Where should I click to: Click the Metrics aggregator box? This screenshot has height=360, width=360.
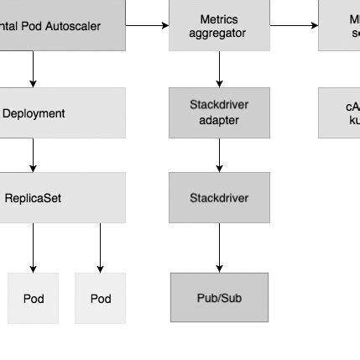[x=219, y=26]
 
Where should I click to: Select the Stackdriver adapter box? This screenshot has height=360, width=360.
[x=219, y=112]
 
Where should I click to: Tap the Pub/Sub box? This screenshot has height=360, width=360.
[x=219, y=297]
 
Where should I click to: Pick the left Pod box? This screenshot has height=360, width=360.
[x=34, y=298]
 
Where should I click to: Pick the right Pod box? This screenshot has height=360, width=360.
[x=101, y=298]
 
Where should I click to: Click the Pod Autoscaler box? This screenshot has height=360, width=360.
[x=59, y=25]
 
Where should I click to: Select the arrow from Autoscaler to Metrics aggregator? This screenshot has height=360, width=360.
[x=147, y=26]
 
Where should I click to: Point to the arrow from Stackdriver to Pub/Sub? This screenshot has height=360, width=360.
[x=219, y=248]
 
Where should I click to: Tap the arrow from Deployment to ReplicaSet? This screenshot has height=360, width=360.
[x=34, y=155]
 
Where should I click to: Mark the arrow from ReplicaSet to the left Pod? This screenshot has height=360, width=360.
[x=34, y=248]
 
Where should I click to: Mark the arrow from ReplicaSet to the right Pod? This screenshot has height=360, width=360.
[x=100, y=248]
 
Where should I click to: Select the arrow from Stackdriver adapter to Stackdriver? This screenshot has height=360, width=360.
[x=219, y=155]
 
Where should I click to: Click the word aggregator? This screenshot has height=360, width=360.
[x=219, y=34]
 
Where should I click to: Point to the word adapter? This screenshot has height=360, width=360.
[x=219, y=120]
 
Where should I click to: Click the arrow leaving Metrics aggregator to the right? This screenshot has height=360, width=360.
[x=294, y=26]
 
